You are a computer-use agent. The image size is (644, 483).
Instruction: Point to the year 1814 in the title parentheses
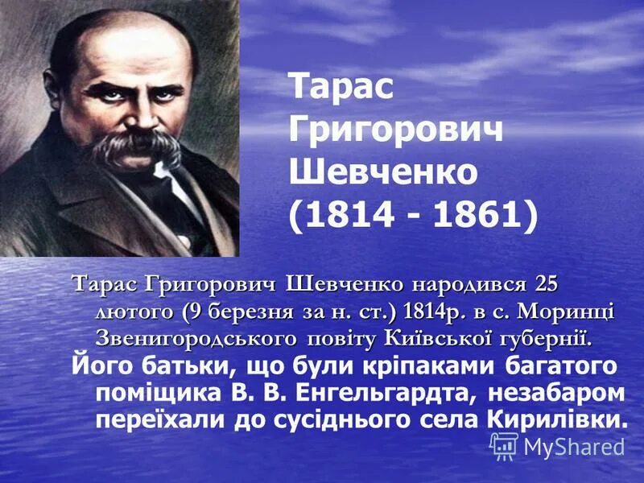[x=348, y=214]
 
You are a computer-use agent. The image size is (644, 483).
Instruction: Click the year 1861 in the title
[x=480, y=214]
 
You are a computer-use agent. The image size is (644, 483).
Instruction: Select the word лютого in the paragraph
[x=134, y=311]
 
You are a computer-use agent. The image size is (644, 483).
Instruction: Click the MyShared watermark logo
[x=557, y=446]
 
